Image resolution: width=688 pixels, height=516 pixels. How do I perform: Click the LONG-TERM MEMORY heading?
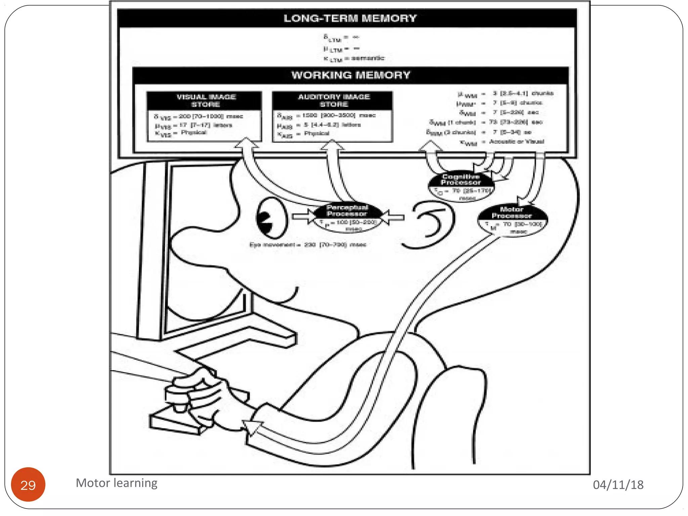coord(350,18)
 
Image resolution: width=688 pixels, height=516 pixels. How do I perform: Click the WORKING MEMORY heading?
coord(350,75)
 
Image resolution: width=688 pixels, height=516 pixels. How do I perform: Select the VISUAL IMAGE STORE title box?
coord(206,100)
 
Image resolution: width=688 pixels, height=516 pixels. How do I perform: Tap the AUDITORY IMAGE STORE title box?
coord(334,100)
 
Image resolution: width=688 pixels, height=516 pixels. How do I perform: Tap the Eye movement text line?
coord(307,245)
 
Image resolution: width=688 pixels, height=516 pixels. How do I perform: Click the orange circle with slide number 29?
coord(28,484)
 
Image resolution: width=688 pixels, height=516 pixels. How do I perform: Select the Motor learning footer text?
coord(117,483)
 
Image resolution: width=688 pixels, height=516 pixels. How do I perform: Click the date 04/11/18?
coord(618,484)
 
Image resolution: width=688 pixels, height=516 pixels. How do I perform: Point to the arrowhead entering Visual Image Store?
coord(246,142)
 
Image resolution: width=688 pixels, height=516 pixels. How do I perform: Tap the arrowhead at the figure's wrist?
coord(253,427)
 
